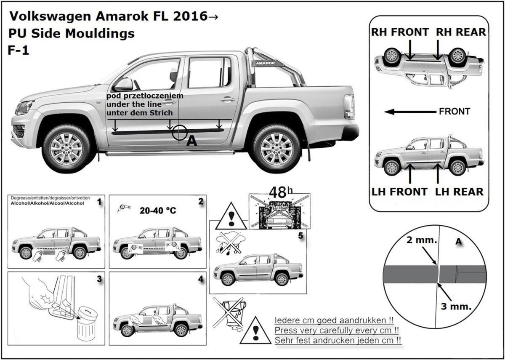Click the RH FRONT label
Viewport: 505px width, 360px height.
pos(400,32)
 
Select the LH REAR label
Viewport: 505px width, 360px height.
pos(459,192)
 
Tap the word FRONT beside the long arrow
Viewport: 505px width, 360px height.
pos(454,112)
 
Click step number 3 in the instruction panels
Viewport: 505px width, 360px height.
pos(99,279)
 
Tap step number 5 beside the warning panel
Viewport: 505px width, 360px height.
pos(300,236)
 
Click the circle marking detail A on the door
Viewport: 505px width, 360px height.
pos(179,132)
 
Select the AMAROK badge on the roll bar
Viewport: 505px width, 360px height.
pos(263,63)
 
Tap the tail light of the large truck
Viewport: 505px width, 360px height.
pos(349,106)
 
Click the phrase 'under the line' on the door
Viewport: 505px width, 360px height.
pos(130,104)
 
